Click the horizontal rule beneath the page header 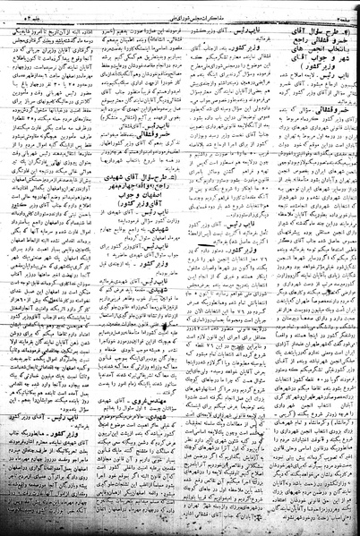click(180, 14)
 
